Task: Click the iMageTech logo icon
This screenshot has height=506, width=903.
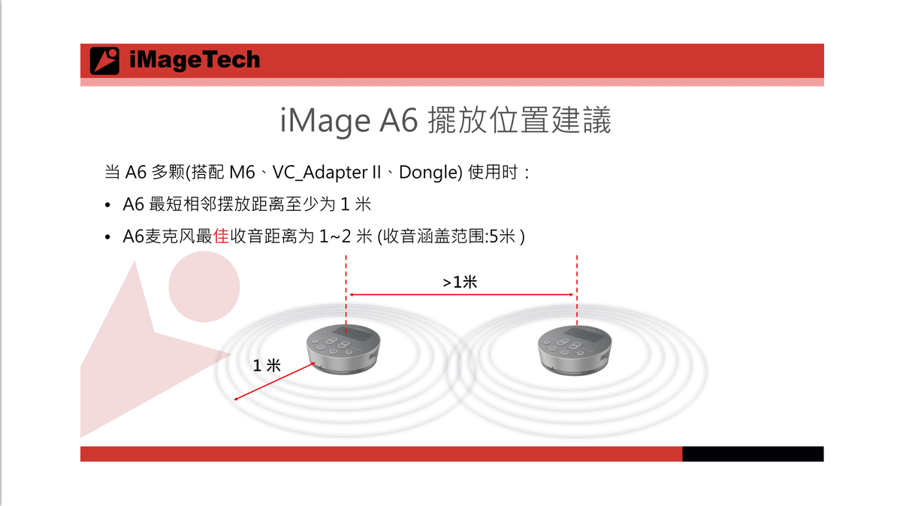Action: [x=104, y=61]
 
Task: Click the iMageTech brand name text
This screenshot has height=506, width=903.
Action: [x=195, y=60]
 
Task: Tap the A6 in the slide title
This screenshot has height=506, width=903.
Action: [x=398, y=120]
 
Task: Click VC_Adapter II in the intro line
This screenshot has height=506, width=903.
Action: [x=327, y=173]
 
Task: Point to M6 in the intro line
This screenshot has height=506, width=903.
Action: [x=242, y=173]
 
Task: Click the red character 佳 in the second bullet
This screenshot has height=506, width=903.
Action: [x=221, y=236]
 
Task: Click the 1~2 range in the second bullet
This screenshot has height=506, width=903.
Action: [x=335, y=236]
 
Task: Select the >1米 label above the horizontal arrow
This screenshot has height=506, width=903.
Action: [x=460, y=282]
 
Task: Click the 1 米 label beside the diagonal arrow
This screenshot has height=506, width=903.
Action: [x=267, y=366]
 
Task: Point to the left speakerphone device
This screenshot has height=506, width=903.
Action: [x=343, y=349]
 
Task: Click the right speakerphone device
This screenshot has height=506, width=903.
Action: [x=575, y=351]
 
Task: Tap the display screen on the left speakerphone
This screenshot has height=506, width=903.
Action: [x=352, y=334]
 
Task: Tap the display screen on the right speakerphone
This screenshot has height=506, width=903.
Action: [x=583, y=335]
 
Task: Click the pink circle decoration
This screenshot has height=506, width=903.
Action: [x=204, y=287]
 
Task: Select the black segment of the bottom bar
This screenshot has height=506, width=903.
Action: [x=753, y=453]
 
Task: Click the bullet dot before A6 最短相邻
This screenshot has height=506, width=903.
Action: [x=107, y=205]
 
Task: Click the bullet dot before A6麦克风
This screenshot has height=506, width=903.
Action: [x=107, y=237]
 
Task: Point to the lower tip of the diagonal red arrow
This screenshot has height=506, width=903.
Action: [x=234, y=399]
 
